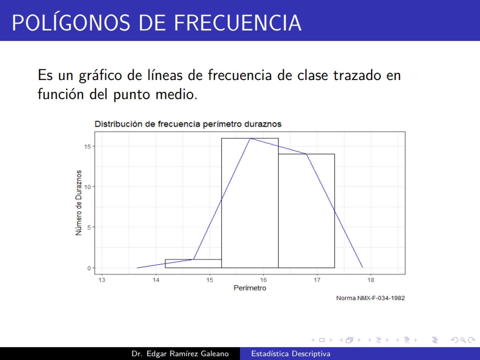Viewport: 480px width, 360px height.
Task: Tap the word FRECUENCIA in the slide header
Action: point(238,23)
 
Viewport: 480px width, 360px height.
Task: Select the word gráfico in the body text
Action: point(100,75)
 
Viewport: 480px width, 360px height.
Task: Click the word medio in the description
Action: point(176,94)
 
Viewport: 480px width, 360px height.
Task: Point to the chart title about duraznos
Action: point(188,124)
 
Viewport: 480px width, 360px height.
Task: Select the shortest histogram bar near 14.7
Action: point(193,264)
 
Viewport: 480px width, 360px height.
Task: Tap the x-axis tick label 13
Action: point(102,280)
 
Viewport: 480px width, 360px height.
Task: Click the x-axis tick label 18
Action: point(371,280)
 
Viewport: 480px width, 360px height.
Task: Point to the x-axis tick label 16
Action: point(263,280)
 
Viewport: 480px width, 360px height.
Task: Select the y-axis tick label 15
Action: point(87,146)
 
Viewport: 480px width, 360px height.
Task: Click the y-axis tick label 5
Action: point(89,227)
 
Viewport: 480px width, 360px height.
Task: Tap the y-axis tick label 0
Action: point(89,268)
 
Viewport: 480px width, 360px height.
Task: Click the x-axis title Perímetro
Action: point(250,288)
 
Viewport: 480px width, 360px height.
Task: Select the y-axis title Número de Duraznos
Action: point(79,203)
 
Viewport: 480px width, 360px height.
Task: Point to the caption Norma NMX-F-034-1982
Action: point(370,298)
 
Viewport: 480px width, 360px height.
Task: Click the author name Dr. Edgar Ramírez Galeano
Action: point(180,354)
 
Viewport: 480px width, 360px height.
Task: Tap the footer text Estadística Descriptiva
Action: point(291,354)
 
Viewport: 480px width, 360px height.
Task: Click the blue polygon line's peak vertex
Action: point(250,138)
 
